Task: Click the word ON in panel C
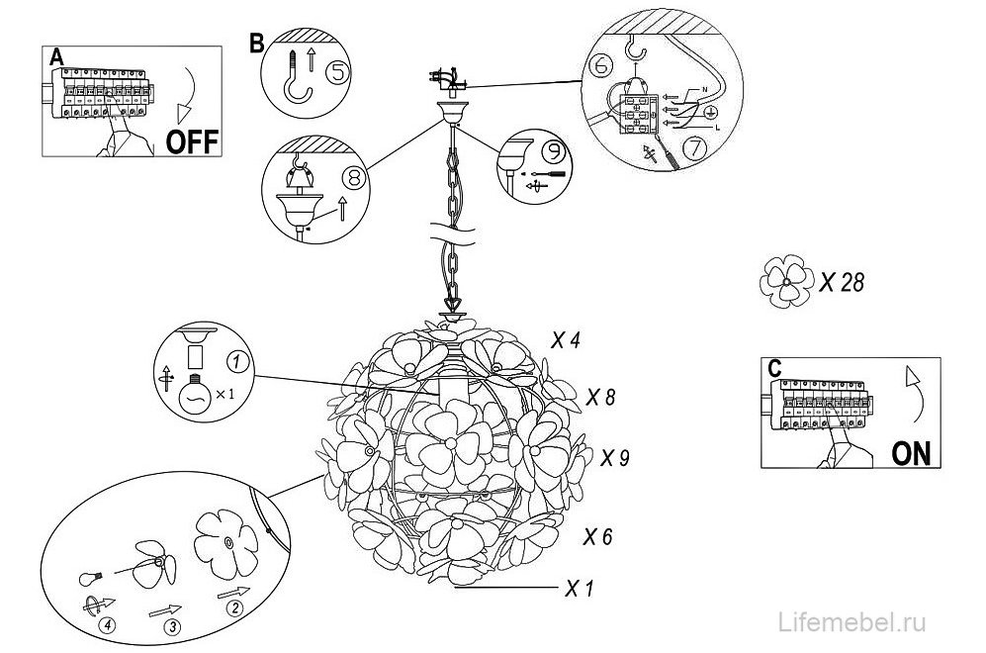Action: tap(911, 453)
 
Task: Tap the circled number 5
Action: tap(337, 72)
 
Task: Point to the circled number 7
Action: tap(695, 148)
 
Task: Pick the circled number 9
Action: tap(555, 150)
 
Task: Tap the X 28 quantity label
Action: tap(842, 282)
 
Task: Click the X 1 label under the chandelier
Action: tap(580, 589)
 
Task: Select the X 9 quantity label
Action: tap(615, 457)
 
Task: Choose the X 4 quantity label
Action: tap(566, 340)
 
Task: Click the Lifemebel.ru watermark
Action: tap(852, 622)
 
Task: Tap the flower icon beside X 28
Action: tap(786, 281)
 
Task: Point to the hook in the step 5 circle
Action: tap(296, 77)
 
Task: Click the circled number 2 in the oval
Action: tap(234, 607)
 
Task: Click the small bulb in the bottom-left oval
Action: tap(91, 577)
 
